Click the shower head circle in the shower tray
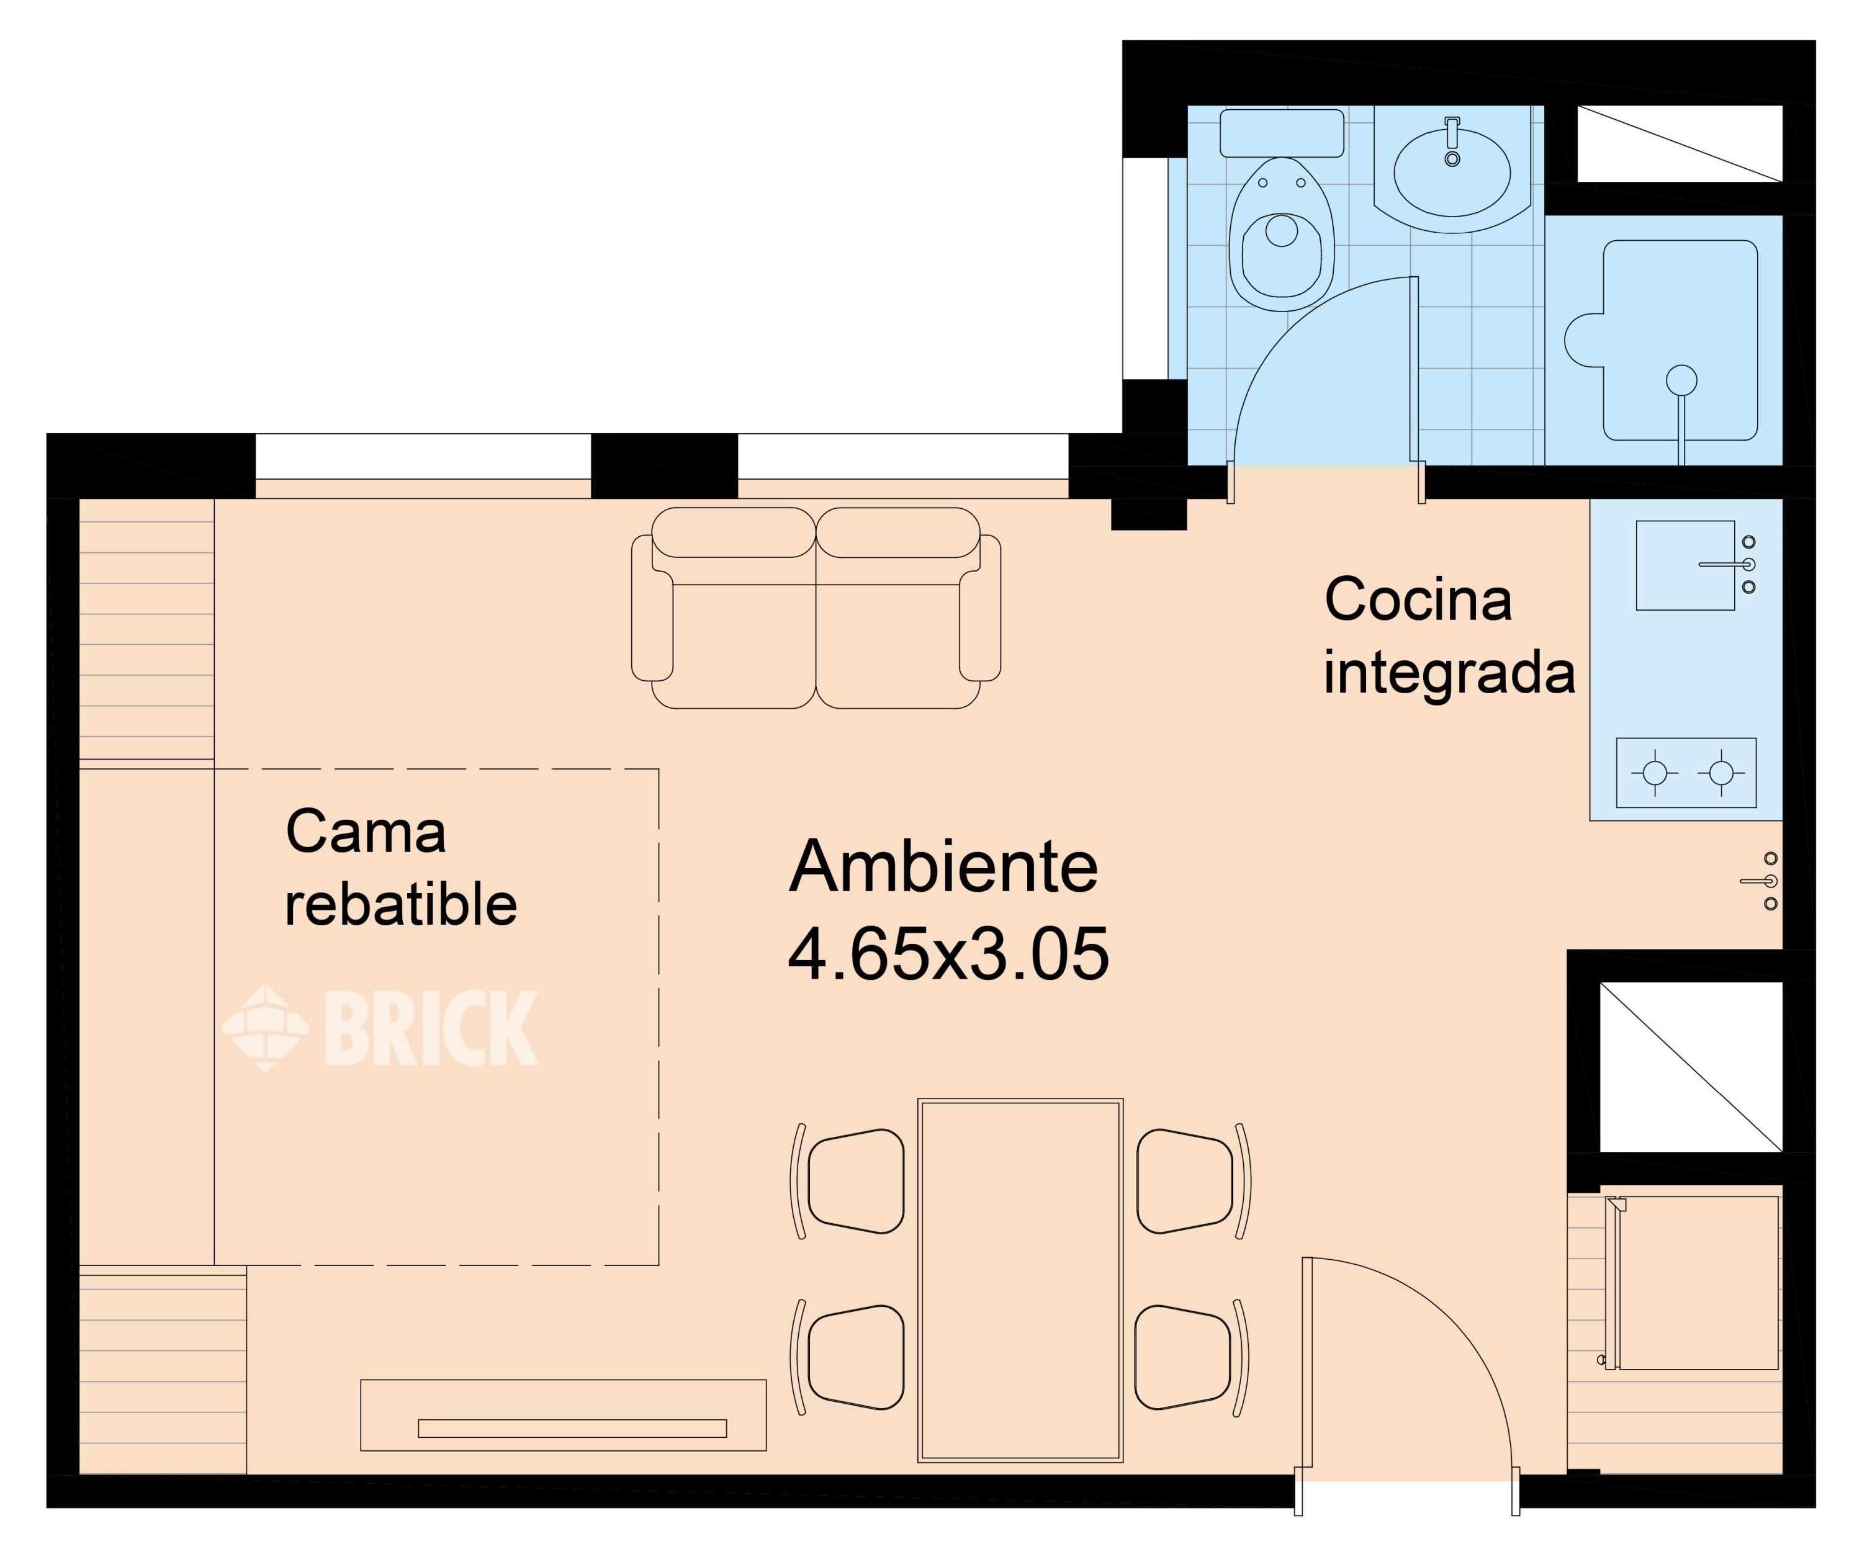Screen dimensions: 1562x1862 tap(1681, 380)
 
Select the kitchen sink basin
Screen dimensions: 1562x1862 tap(1684, 565)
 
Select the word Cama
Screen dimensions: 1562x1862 tap(366, 832)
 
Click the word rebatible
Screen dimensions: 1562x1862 tap(401, 905)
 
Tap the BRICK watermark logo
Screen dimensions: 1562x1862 tap(381, 1028)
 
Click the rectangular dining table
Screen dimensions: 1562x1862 tap(1020, 1280)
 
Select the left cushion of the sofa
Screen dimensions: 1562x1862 tap(734, 612)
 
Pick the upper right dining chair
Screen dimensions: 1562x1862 tap(1186, 1182)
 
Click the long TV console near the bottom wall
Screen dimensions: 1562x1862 tap(563, 1415)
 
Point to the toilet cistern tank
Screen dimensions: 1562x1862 tap(1281, 133)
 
